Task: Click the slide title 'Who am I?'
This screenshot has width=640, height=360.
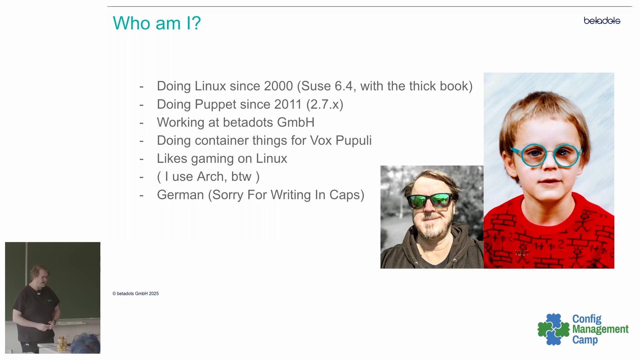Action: (157, 23)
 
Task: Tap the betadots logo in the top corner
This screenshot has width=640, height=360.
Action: (602, 21)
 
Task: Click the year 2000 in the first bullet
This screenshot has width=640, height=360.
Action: (279, 86)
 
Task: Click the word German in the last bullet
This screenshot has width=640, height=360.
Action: (180, 195)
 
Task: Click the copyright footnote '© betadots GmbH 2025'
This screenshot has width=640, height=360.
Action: (136, 294)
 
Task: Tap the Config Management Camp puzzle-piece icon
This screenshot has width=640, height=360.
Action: (553, 329)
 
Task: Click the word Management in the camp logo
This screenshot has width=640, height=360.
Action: (600, 329)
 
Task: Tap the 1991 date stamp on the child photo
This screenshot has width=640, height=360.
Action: (522, 253)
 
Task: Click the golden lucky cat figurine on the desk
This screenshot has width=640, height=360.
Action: (62, 343)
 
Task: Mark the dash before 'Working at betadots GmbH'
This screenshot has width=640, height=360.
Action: (141, 123)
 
